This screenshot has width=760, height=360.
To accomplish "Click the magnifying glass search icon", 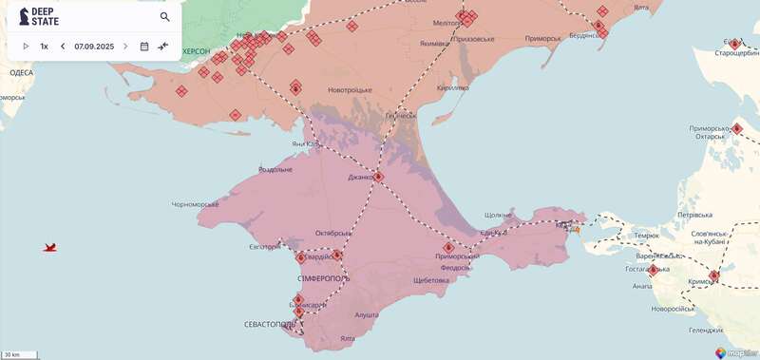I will (165, 17).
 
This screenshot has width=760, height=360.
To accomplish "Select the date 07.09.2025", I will (94, 46).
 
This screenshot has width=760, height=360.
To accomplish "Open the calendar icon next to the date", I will (144, 46).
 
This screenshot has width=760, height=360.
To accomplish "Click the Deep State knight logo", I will (25, 16).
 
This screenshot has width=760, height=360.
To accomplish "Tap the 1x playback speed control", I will (44, 46).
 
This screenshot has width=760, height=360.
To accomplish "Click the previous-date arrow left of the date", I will (63, 46).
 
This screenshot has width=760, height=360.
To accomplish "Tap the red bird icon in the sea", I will (50, 247).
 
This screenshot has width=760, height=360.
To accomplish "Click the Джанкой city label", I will (363, 176).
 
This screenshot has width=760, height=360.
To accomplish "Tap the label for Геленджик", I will (706, 330).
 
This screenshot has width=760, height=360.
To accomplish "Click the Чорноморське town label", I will (196, 204).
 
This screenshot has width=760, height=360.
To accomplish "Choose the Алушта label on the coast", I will (367, 313).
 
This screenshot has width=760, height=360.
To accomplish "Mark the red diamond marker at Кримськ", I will (714, 276).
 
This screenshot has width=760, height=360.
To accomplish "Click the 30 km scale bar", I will (20, 354).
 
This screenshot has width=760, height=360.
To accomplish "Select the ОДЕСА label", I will (20, 72).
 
